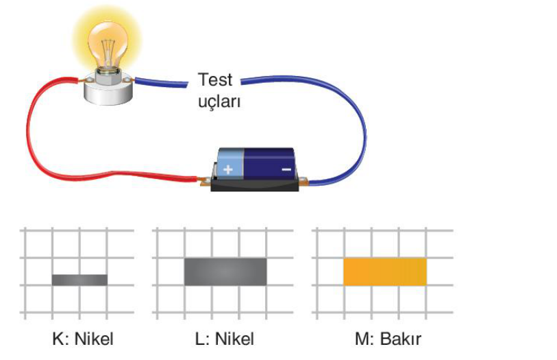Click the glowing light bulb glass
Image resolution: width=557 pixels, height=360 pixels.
(x=108, y=44)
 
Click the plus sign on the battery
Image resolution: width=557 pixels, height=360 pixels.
(x=227, y=169)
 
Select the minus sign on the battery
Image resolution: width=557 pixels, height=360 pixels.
(x=286, y=170)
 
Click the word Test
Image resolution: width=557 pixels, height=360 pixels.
(x=215, y=80)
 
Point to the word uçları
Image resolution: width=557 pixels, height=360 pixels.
(x=219, y=101)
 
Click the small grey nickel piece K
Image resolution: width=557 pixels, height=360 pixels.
(x=79, y=280)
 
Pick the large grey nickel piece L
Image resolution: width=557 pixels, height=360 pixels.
(x=225, y=272)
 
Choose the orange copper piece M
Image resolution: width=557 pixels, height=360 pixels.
(x=385, y=272)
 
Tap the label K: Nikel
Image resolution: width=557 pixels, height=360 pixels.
(x=83, y=339)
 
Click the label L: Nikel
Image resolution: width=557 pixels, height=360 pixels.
(x=225, y=339)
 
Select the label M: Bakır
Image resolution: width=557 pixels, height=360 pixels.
(x=388, y=339)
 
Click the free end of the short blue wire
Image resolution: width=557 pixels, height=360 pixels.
(x=187, y=84)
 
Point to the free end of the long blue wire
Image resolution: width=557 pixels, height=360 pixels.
(x=242, y=82)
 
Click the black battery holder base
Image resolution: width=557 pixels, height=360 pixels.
(x=254, y=184)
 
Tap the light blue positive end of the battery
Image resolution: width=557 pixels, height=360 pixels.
(x=231, y=163)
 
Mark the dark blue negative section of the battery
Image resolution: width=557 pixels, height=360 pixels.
(x=269, y=163)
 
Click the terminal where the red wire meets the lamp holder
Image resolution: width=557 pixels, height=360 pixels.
(x=82, y=80)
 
